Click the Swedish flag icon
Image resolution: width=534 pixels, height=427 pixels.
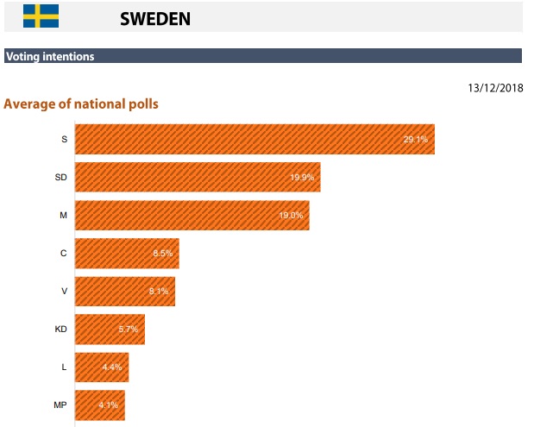tap(41, 16)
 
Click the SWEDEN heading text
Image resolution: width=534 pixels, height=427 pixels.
tap(155, 18)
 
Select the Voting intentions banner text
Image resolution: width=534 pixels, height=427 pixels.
tap(50, 57)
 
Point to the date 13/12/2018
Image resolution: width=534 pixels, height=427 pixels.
tap(495, 88)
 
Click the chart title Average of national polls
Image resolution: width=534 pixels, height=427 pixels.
tap(81, 104)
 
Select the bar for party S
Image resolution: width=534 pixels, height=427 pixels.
tap(254, 140)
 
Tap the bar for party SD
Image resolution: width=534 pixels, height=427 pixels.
tap(198, 178)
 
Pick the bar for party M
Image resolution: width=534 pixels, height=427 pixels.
tap(192, 216)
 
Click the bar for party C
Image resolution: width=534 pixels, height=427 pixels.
tap(127, 254)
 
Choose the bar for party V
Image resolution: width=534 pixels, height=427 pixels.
tap(125, 292)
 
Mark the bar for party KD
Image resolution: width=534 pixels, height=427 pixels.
tap(110, 330)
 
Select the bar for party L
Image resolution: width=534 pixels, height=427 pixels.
tap(102, 367)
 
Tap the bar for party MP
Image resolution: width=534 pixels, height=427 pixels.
tap(100, 405)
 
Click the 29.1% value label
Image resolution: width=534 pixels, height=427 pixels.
tap(416, 140)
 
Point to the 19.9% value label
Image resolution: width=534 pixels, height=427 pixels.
tap(303, 178)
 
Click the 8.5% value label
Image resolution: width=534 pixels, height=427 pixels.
tap(163, 254)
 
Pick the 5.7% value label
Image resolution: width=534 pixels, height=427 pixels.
tap(129, 330)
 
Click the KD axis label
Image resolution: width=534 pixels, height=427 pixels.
tap(61, 330)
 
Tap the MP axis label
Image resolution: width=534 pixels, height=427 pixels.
tap(61, 405)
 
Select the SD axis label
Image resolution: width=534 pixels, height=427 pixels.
tap(61, 178)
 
